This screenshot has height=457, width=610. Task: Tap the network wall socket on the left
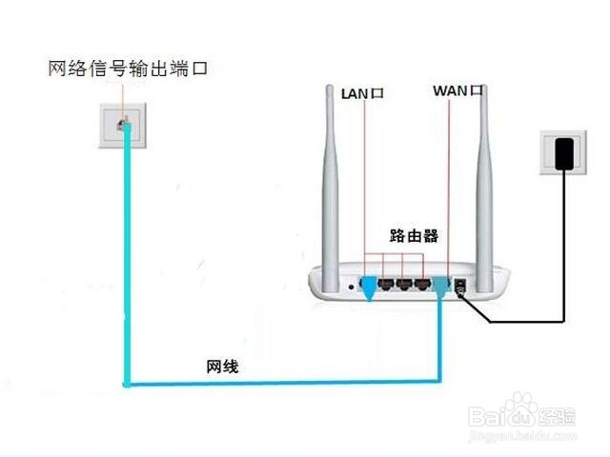pos(122,123)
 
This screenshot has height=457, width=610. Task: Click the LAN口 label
pos(362,93)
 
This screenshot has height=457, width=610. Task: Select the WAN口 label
pos(458,91)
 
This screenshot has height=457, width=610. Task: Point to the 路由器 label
pos(415,234)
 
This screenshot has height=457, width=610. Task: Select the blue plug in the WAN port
pos(440,285)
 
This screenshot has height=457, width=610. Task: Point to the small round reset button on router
pos(353,285)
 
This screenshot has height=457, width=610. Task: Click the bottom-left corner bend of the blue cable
pos(127,384)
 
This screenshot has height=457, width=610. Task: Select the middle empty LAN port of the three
pos(405,284)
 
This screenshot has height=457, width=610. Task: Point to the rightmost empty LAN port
pos(422,284)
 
